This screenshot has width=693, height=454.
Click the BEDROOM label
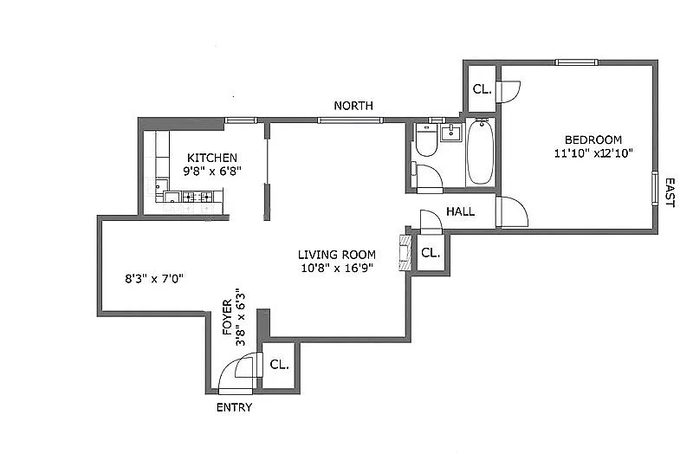point(593,140)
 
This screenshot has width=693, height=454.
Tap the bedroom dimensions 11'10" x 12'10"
point(593,153)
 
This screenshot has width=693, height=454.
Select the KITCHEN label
point(212,158)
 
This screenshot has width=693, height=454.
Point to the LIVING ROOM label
point(337,255)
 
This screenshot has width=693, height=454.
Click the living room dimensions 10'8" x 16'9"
point(337,268)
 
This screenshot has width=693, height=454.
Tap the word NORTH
point(353,106)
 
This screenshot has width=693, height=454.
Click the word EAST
point(670,192)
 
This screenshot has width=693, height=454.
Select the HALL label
point(461,211)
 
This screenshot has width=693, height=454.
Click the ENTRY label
point(234,407)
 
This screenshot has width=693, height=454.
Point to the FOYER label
point(227,317)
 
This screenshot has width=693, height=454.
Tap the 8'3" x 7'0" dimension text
point(154,279)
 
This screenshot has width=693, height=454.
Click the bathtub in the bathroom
point(481,152)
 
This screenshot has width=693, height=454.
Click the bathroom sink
point(450,133)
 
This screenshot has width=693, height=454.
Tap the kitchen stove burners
point(198,197)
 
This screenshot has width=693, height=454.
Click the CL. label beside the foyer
point(279,365)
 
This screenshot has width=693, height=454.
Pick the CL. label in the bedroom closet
point(483,89)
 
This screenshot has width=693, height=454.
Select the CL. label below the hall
point(431,253)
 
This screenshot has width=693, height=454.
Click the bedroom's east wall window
point(655,188)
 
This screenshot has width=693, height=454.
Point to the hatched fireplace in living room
point(405,252)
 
